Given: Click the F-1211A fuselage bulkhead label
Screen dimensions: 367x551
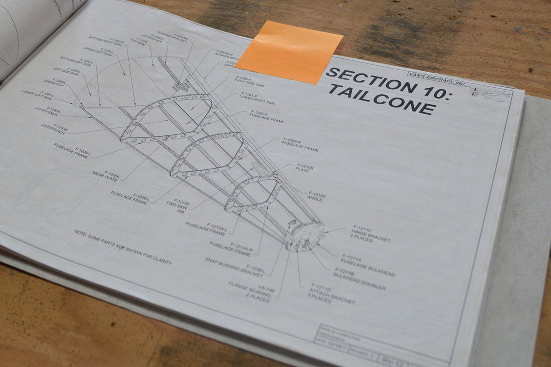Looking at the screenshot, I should [367, 265].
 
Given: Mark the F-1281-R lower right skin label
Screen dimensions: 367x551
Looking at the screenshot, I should [257, 98].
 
